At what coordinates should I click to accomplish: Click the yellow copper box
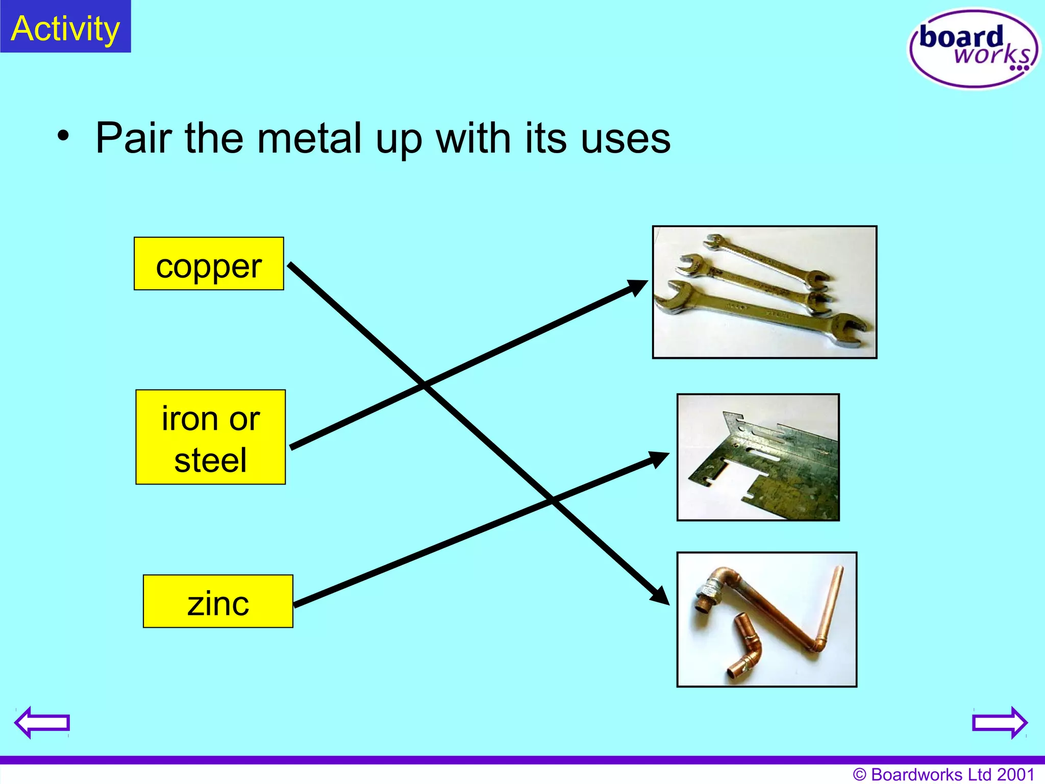tap(209, 264)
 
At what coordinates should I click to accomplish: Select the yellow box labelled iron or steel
tap(210, 437)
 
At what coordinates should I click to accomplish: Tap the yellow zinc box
tap(218, 601)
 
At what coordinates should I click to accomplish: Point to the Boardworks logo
tap(973, 48)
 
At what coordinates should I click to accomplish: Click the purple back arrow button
tap(42, 722)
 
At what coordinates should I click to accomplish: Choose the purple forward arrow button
tap(1000, 722)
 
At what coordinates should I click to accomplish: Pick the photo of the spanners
tap(764, 292)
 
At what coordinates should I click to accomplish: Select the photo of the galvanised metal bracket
tap(758, 457)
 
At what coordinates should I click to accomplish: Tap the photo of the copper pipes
tap(766, 620)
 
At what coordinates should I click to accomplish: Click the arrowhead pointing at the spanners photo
tap(638, 287)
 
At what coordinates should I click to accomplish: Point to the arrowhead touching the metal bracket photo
tap(659, 458)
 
